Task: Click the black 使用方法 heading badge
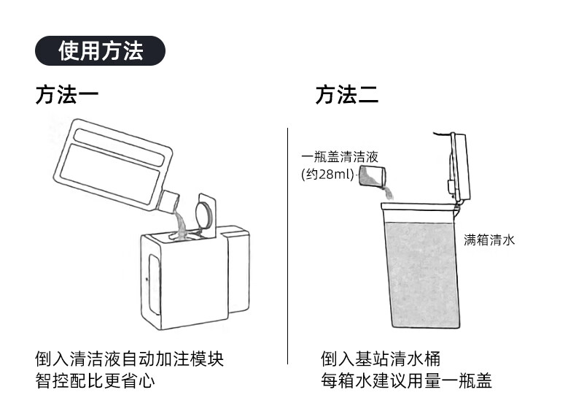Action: [101, 50]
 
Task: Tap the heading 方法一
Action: [66, 95]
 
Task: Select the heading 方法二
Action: [346, 95]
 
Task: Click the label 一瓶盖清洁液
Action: [340, 157]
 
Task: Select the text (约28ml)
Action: [327, 174]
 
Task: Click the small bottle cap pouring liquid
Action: [373, 175]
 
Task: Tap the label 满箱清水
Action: [489, 240]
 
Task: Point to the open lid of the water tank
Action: [460, 166]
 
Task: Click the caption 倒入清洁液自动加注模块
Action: [130, 359]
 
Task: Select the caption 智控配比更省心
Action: [96, 380]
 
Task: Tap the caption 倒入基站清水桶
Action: [381, 359]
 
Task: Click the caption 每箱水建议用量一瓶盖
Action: [407, 380]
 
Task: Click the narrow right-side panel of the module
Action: [238, 270]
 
